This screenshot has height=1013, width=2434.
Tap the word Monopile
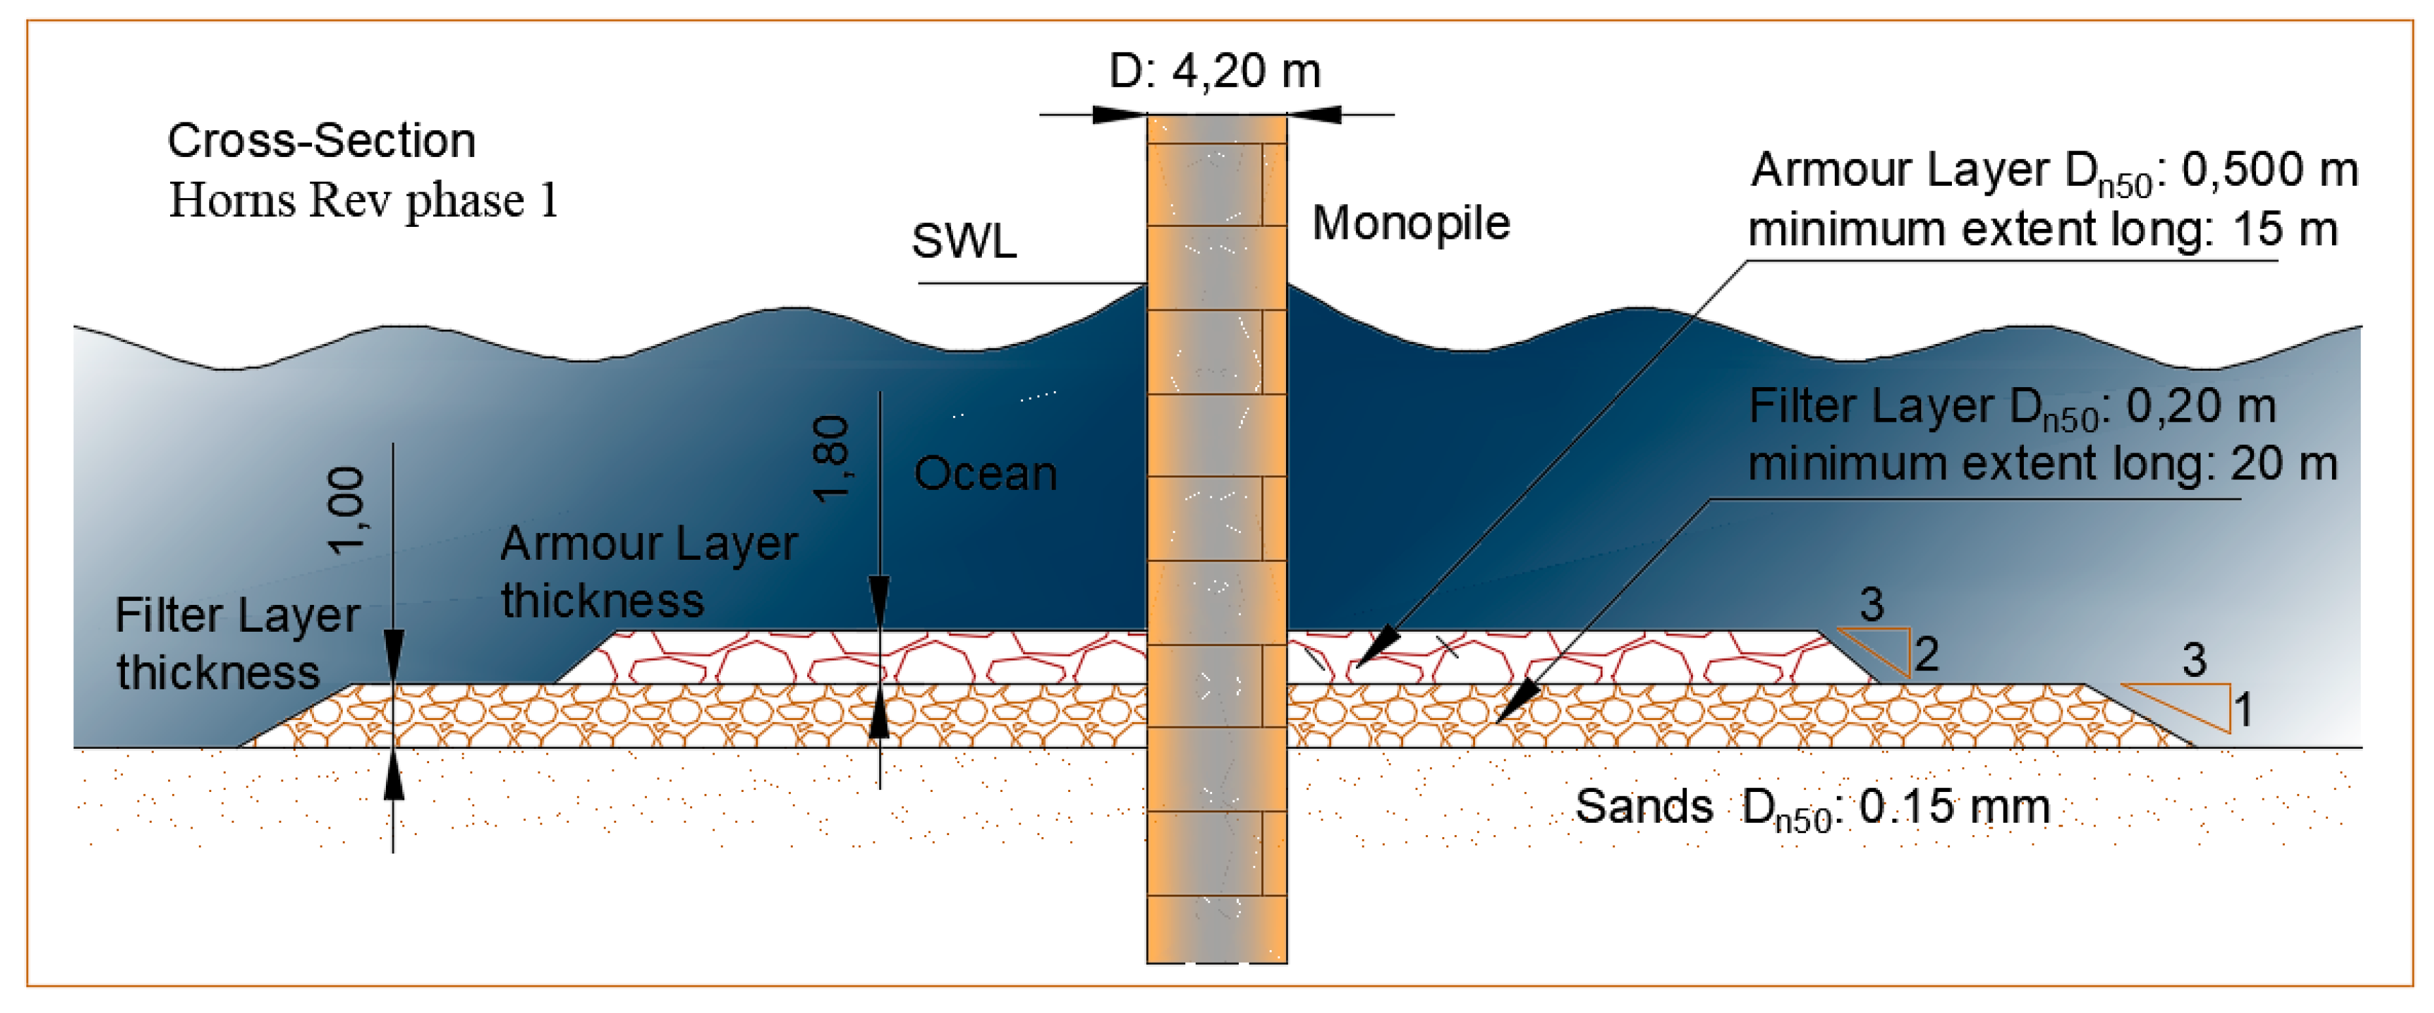point(1411,224)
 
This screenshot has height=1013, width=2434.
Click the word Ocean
point(986,473)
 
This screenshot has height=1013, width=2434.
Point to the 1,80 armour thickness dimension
point(831,459)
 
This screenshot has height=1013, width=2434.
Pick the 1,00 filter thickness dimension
point(345,510)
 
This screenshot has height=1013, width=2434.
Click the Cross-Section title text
point(321,141)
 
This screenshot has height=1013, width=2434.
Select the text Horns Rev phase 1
point(364,200)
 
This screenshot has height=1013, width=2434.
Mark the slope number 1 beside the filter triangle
point(2243,709)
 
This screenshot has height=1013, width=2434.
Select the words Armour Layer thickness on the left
point(649,572)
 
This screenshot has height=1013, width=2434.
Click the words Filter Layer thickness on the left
point(236,644)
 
